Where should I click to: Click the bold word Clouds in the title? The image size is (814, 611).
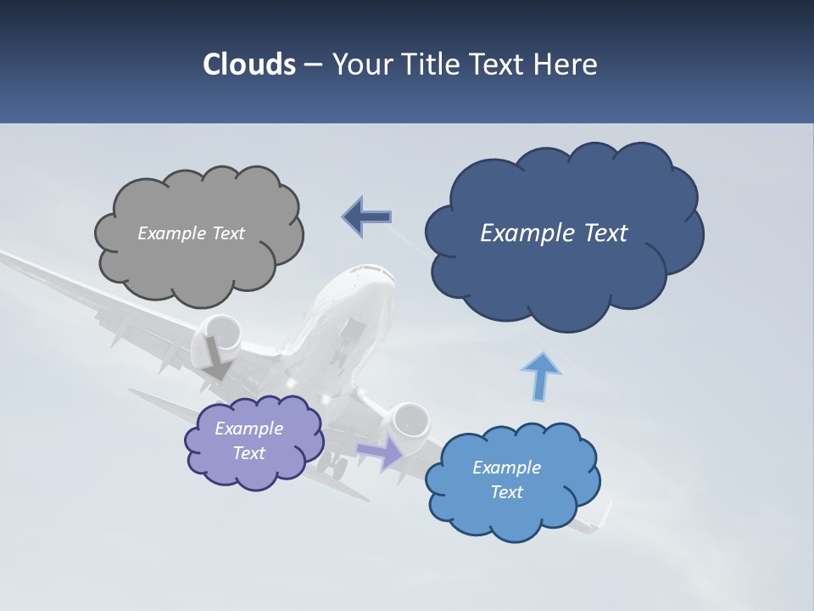click(x=248, y=64)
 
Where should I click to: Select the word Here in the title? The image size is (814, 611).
click(x=567, y=64)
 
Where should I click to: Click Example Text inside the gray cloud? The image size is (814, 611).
click(x=191, y=233)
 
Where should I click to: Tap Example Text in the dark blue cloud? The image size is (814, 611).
click(x=554, y=233)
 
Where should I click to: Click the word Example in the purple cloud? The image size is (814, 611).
click(x=248, y=429)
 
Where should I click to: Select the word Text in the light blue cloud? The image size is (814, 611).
click(x=507, y=492)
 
